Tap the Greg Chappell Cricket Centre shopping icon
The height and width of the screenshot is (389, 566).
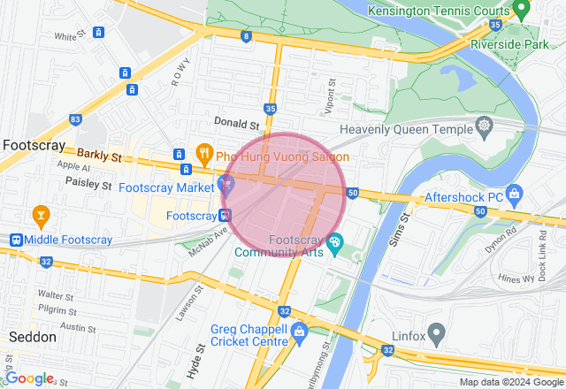click(298, 334)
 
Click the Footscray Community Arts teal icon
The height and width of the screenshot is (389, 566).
click(334, 241)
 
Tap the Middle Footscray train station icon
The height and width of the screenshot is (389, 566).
click(15, 240)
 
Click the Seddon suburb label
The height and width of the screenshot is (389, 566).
click(32, 337)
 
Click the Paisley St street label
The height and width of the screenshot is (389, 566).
click(88, 185)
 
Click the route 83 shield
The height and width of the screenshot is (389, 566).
click(75, 119)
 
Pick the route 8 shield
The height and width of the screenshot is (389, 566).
click(245, 36)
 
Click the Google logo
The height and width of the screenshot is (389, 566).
click(30, 378)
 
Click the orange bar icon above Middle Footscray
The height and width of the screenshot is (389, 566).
click(40, 214)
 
